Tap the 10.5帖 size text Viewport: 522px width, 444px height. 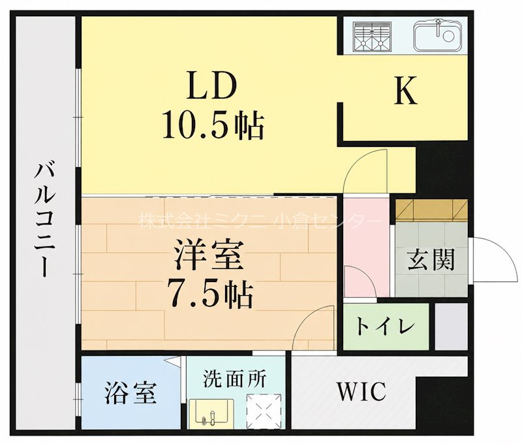point(213,125)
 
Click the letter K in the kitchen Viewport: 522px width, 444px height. point(406,91)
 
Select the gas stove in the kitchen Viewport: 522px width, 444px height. point(372,37)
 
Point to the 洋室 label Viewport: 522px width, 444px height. point(209,256)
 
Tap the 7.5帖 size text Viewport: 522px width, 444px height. point(211,293)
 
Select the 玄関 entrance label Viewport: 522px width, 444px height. point(431,259)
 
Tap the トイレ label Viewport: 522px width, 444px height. point(386,326)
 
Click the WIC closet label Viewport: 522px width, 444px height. point(361,392)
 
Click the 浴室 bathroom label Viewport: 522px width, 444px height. point(131,393)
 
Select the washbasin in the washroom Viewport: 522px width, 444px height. point(211,413)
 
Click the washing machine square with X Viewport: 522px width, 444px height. point(264,411)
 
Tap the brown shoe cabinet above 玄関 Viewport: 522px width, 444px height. point(431,210)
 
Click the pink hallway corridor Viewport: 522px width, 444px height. point(366,246)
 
